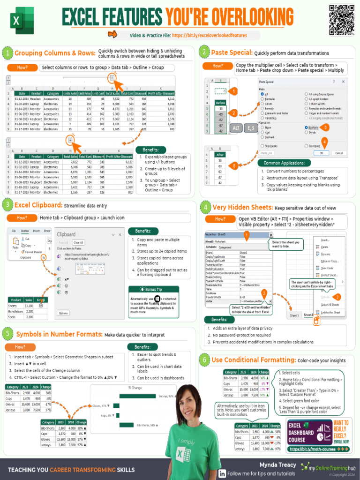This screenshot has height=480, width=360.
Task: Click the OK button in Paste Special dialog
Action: tap(321, 153)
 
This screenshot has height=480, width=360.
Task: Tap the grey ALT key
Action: tap(237, 128)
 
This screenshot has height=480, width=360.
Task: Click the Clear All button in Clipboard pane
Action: tap(78, 242)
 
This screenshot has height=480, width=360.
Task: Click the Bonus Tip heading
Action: tap(153, 289)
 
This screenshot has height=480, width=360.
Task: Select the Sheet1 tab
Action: tap(294, 315)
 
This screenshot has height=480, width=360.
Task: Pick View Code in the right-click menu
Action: tap(326, 268)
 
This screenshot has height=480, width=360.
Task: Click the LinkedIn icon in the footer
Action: tap(222, 473)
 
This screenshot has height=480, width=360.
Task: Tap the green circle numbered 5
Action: tap(7, 334)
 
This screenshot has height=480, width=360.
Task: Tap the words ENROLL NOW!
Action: tap(341, 441)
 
